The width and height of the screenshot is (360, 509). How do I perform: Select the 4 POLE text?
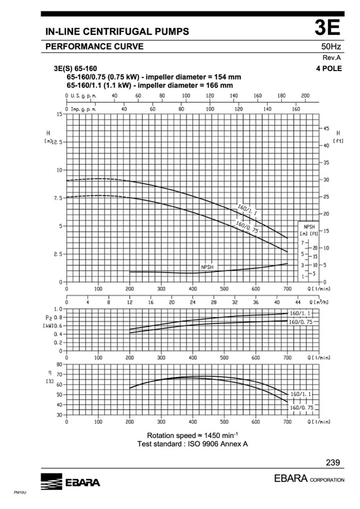329,68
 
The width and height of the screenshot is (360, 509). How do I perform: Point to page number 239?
333,462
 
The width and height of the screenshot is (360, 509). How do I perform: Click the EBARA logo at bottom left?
70,482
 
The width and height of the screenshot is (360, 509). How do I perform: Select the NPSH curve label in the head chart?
208,267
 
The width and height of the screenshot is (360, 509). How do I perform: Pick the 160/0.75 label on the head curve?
247,227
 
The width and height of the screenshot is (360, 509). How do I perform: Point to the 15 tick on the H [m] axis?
59,114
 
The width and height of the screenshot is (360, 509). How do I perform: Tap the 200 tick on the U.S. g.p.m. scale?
305,96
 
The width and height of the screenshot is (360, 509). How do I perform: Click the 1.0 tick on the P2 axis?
58,308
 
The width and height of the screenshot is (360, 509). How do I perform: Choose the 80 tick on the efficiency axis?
59,365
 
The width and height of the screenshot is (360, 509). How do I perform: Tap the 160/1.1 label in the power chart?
300,314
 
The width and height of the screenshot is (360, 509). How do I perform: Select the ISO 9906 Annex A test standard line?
193,444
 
